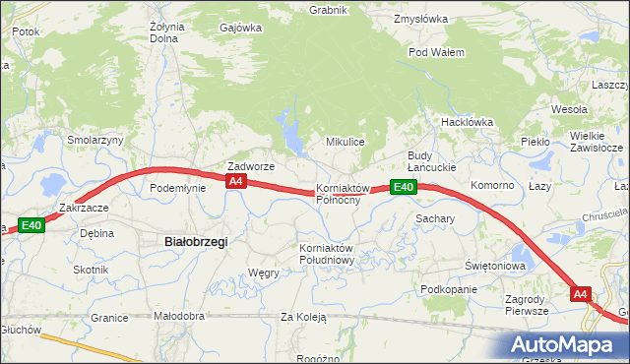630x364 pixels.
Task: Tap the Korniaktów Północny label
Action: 342,194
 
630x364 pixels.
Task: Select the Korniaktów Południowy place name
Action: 326,253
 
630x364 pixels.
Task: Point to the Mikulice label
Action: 346,142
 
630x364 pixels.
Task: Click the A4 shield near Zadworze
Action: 235,182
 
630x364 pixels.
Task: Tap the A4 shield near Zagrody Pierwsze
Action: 581,293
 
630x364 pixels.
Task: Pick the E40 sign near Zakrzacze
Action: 31,225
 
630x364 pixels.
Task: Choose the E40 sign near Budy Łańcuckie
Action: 402,187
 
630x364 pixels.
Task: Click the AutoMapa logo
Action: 566,344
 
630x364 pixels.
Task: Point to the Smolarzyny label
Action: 94,140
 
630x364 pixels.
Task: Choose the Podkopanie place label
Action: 448,289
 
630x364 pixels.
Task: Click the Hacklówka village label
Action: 467,122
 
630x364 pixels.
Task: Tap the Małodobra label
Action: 179,316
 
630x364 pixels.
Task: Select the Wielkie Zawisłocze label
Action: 596,142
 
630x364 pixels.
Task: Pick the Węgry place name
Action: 264,273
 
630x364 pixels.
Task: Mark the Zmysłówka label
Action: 420,19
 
